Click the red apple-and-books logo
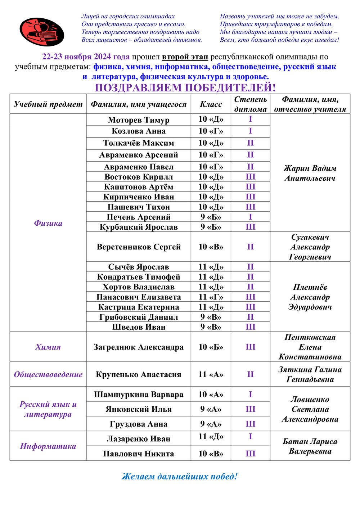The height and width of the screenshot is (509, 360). point(42,32)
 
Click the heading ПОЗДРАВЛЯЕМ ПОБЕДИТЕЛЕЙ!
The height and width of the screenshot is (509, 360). point(185,87)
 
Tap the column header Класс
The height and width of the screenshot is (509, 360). point(211,104)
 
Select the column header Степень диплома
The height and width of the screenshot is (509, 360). point(250,104)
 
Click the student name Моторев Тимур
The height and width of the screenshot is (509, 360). point(139,120)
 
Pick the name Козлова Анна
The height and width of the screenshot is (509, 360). point(139,131)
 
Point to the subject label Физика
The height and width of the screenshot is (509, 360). point(48,223)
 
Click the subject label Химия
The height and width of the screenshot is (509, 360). point(48,347)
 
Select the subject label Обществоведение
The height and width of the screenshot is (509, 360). point(48,374)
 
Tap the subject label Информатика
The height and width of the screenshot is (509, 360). point(48,446)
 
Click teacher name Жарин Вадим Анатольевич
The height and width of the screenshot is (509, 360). point(310,173)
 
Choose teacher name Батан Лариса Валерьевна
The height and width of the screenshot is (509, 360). point(310,446)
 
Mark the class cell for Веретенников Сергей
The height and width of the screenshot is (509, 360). point(211,247)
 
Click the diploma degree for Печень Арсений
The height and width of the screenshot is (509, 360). point(250,217)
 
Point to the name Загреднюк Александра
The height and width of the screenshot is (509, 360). point(139,347)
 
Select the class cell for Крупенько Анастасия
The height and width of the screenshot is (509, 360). point(211,374)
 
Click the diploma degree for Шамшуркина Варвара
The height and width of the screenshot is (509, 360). point(250,394)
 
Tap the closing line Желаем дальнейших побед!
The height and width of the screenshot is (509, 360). point(180,477)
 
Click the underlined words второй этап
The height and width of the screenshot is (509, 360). point(185,57)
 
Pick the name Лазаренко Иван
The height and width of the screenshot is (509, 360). point(139,439)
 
